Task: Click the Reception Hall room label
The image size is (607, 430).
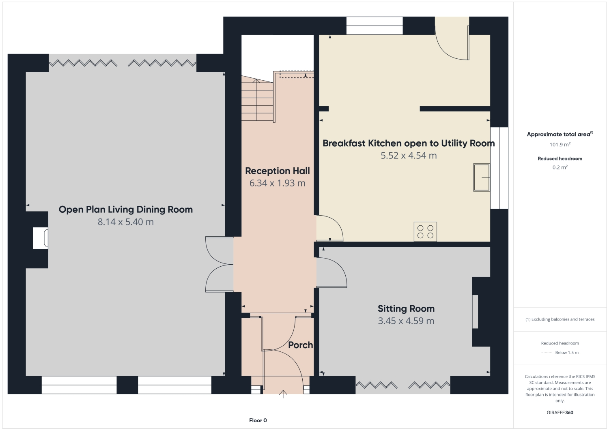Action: point(277,171)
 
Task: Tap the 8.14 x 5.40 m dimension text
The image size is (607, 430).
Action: point(125,222)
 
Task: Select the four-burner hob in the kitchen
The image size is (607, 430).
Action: point(425,231)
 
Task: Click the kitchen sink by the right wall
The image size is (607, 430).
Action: point(482,177)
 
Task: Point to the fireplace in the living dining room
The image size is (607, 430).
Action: point(41,238)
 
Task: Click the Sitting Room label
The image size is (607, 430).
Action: point(406,308)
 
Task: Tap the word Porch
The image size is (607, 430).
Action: point(300,345)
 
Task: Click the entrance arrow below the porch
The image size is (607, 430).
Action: point(283,394)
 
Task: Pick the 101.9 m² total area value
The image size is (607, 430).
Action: point(560,145)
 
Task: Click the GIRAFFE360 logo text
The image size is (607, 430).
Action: point(560,413)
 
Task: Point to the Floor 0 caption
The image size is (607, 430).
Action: point(258,420)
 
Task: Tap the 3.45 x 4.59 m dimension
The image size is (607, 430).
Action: point(406,321)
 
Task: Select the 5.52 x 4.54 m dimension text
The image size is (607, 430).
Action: point(408,156)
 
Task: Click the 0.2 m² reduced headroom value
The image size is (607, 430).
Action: point(560,167)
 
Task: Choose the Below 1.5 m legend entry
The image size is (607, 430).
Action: point(566,353)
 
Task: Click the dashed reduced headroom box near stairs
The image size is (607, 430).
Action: point(297,75)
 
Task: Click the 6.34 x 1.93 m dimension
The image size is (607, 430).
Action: point(277,183)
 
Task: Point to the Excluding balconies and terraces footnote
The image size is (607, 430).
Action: point(560,319)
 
